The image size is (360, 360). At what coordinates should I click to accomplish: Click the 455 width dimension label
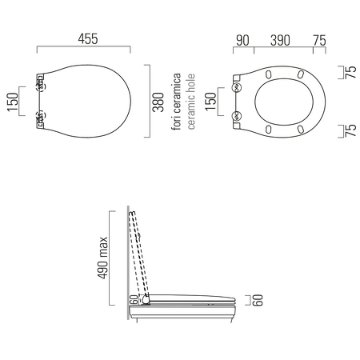point(88,39)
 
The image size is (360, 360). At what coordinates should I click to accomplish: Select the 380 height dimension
point(158,102)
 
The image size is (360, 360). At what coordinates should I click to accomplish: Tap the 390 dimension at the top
point(280,41)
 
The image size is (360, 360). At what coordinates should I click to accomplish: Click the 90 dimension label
point(242,41)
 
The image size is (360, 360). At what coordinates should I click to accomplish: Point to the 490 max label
point(102,258)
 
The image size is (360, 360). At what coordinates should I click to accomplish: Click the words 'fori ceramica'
point(177,102)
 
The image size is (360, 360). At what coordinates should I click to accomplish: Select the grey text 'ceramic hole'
point(191,102)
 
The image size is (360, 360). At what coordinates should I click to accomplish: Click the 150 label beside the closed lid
point(12,102)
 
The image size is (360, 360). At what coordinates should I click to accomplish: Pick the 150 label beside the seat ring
point(210,102)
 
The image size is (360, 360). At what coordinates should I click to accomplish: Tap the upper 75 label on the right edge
point(350,72)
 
